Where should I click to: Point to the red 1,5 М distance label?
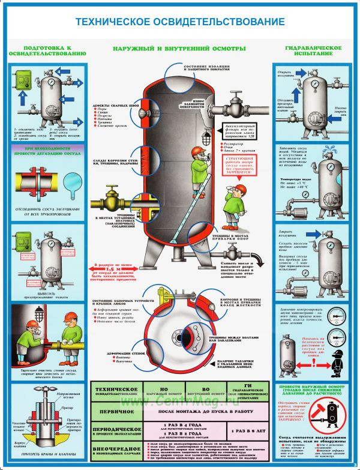tap(114, 270)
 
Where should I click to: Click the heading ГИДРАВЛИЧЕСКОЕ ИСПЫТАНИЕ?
tap(310, 51)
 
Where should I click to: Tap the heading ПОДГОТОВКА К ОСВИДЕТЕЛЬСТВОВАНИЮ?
tap(47, 51)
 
